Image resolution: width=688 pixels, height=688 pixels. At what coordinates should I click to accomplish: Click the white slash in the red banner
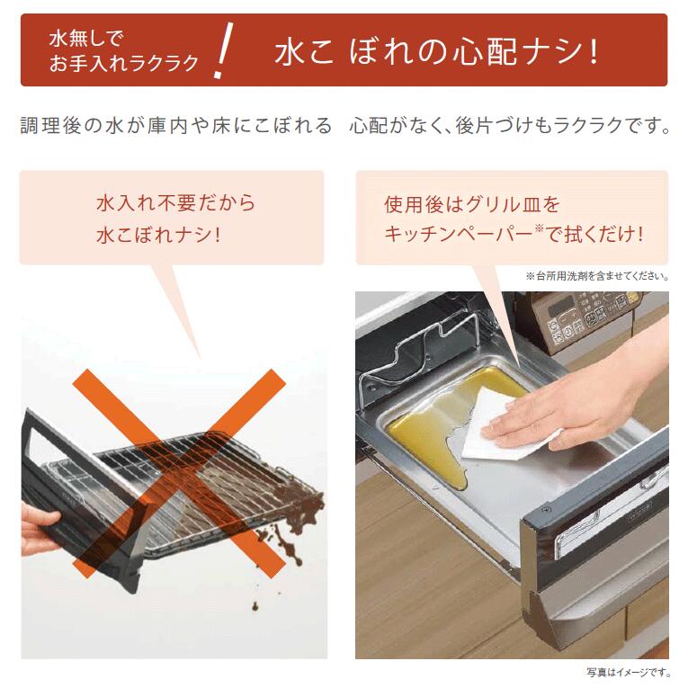(223, 50)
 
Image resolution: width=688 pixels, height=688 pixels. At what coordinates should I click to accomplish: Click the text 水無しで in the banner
(86, 39)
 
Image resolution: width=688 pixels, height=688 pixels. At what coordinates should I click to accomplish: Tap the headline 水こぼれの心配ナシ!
(436, 52)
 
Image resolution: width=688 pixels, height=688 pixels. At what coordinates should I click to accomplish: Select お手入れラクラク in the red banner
(124, 63)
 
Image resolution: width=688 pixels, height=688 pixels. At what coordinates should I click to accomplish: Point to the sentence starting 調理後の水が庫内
(344, 126)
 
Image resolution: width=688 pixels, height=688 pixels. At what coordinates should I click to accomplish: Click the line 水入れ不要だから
(175, 203)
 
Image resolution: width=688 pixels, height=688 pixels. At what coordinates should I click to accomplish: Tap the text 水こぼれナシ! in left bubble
(158, 236)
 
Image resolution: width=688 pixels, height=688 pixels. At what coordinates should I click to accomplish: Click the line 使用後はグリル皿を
(472, 204)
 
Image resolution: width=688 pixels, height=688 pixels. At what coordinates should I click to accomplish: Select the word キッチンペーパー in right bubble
(459, 235)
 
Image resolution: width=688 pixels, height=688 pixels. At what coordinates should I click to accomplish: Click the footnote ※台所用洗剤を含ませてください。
(597, 276)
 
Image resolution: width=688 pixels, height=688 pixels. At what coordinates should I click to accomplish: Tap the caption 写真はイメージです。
(629, 672)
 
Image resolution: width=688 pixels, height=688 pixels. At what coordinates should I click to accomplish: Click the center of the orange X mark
(179, 473)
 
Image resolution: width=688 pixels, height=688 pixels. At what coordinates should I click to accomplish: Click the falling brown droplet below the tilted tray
(255, 607)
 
